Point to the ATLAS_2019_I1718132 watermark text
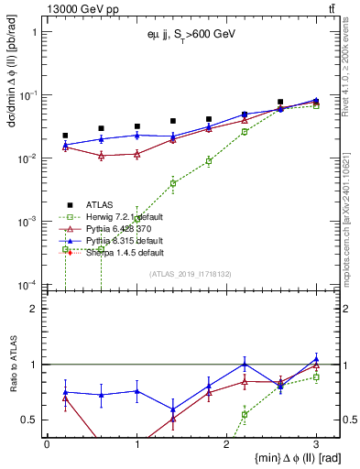coord(188,274)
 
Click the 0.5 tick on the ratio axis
coord(29,420)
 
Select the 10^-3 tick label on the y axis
coord(27,222)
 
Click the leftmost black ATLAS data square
coord(65,136)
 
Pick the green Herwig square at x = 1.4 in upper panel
coord(173,183)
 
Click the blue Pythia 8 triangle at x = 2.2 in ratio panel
coord(245,364)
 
